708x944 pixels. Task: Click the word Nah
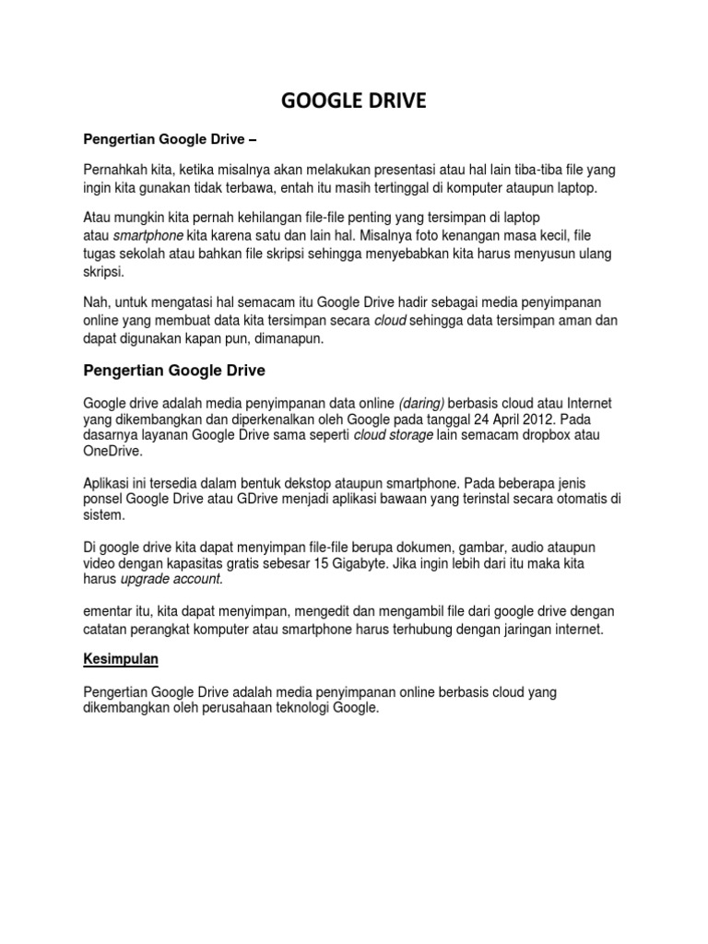point(96,302)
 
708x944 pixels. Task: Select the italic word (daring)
point(423,403)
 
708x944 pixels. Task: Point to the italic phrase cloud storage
point(393,436)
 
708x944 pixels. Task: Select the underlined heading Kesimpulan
point(122,661)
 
